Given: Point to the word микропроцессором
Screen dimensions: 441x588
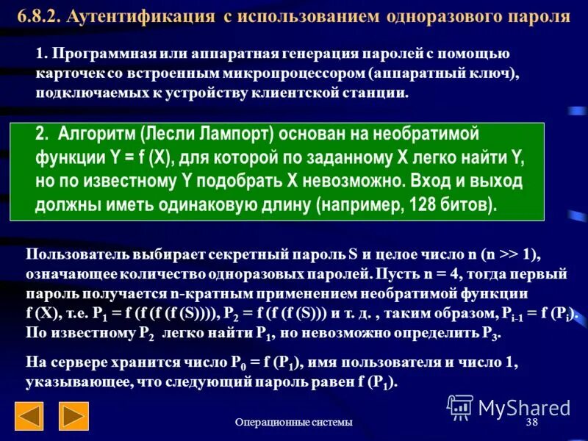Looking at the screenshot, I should point(298,74).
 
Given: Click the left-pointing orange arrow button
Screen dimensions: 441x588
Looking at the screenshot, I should point(29,416).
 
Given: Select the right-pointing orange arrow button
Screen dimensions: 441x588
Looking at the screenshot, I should point(73,416).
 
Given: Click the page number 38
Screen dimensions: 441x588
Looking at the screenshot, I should point(533,422).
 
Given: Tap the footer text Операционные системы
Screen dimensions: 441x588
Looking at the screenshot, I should point(294,422).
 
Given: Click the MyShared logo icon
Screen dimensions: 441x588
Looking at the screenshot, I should point(460,406).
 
